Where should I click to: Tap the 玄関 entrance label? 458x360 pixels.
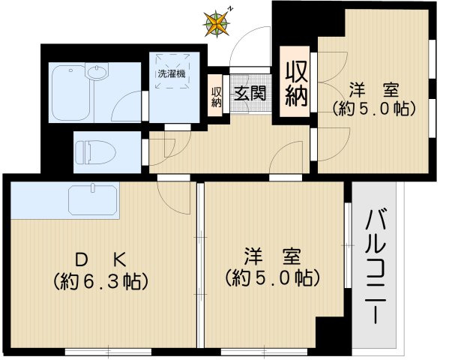click(x=250, y=94)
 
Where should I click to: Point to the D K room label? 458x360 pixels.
click(x=99, y=259)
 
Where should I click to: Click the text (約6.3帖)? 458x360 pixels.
click(x=99, y=282)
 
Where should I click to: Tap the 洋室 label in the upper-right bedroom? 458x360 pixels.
click(x=373, y=89)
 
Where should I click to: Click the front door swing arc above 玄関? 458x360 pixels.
click(x=248, y=49)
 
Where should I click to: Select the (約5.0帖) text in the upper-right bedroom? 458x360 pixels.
click(x=373, y=109)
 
